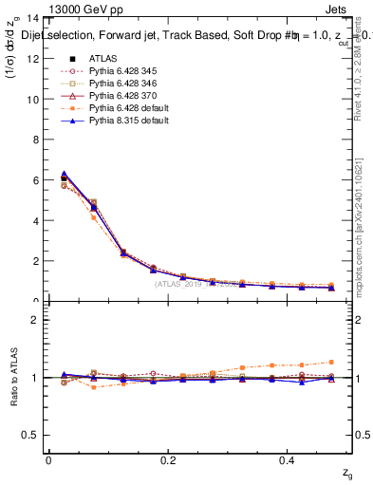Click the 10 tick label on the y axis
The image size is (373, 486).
coord(32,99)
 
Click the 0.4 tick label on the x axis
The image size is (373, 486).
coord(289,460)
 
